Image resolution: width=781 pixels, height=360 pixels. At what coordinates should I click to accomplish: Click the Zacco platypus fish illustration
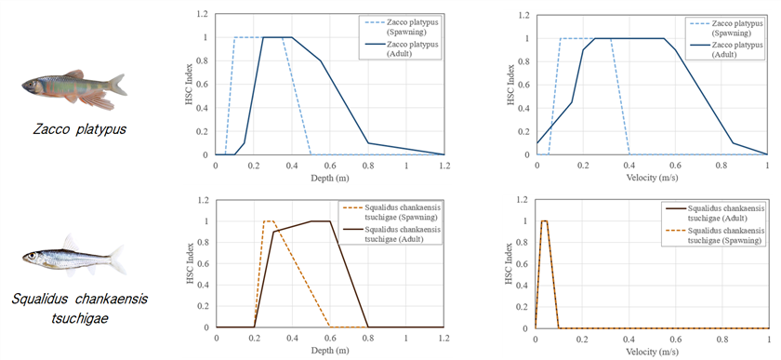pyautogui.click(x=73, y=89)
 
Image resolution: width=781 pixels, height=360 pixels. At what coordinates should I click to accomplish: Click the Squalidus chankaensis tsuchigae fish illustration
pyautogui.click(x=73, y=257)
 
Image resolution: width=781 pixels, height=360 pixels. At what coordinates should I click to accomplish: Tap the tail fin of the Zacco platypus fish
pyautogui.click(x=117, y=85)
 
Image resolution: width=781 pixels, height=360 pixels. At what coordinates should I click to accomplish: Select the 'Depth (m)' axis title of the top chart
pyautogui.click(x=329, y=178)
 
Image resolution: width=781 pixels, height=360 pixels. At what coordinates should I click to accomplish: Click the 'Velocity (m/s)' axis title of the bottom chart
pyautogui.click(x=652, y=351)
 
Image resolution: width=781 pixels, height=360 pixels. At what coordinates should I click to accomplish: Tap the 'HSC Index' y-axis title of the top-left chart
pyautogui.click(x=191, y=85)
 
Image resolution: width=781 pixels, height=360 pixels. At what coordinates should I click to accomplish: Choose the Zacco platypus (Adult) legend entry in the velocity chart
pyautogui.click(x=721, y=49)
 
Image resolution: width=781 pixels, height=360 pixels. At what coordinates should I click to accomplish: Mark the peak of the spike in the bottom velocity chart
pyautogui.click(x=545, y=220)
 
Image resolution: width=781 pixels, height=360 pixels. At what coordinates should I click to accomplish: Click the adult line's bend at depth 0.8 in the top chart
pyautogui.click(x=368, y=143)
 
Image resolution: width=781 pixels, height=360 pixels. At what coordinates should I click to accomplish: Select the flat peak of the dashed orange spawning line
pyautogui.click(x=269, y=220)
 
